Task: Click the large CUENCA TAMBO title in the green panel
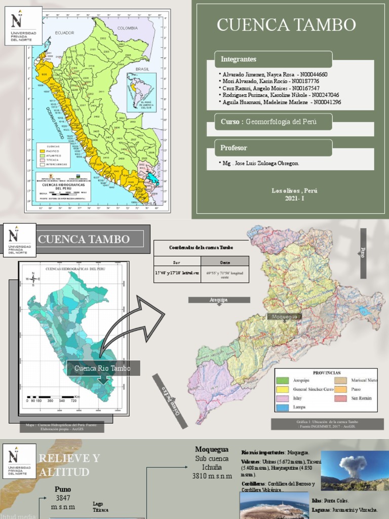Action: (x=286, y=24)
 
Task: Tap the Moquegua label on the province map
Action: (x=286, y=317)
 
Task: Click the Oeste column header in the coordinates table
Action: (x=224, y=263)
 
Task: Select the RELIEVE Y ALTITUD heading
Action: (x=69, y=465)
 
